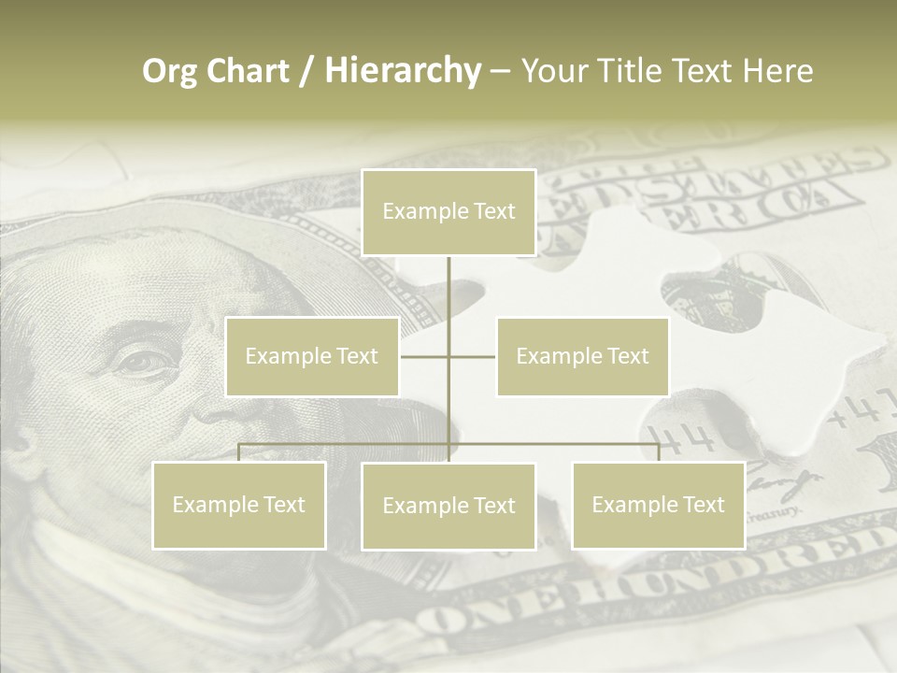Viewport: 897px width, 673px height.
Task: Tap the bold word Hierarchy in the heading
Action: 402,71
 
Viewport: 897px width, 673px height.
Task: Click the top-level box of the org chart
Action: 448,212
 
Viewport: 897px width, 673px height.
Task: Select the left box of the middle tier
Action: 312,356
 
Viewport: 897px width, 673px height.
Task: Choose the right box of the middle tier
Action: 582,356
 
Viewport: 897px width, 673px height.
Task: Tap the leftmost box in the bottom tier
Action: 239,505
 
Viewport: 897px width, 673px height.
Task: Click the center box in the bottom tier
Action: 448,506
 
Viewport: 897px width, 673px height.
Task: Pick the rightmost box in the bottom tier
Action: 658,505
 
